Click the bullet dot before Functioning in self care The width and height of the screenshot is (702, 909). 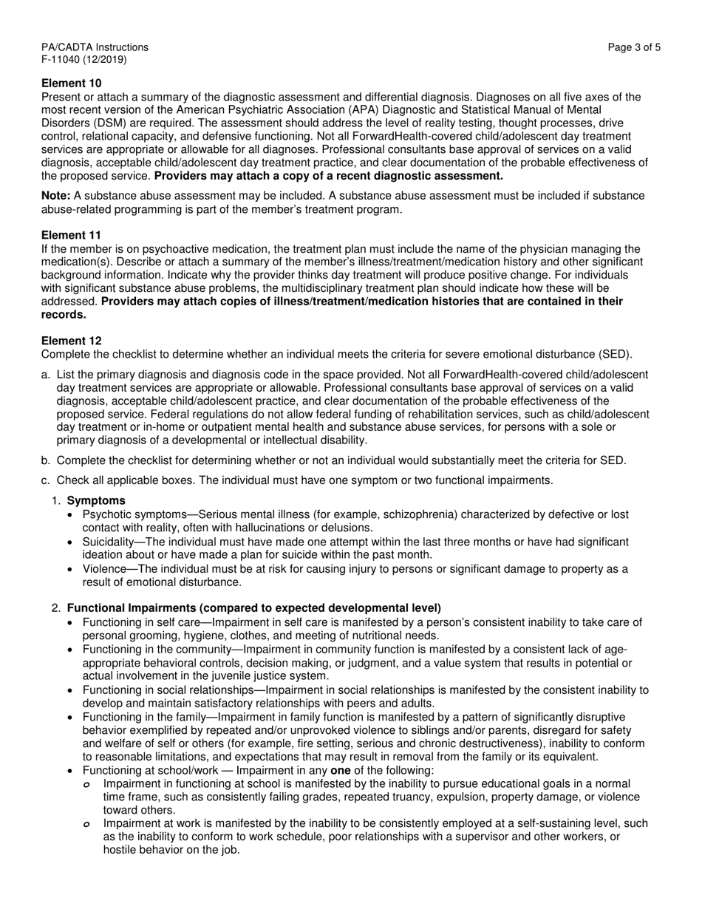(x=70, y=623)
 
